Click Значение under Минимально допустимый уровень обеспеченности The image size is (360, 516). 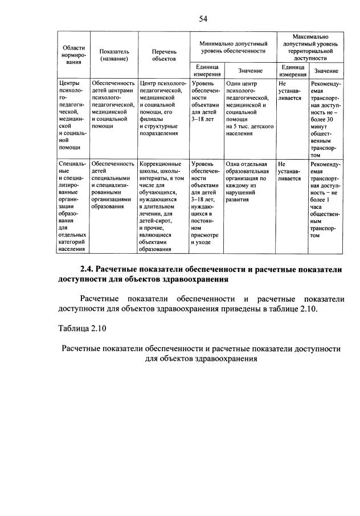[251, 71]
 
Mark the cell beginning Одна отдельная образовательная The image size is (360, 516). [249, 182]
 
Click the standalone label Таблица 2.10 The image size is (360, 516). [81, 328]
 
